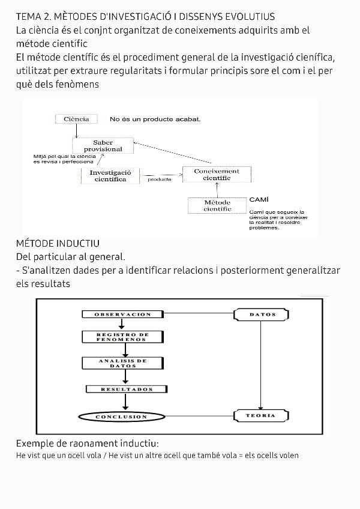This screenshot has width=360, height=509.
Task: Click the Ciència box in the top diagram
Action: click(76, 119)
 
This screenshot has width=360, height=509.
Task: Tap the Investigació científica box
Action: click(110, 175)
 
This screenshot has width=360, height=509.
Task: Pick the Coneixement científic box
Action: click(217, 174)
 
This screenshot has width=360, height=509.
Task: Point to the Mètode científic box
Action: click(217, 206)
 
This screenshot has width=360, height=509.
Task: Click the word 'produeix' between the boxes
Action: click(160, 179)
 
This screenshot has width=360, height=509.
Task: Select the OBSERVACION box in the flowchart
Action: click(122, 314)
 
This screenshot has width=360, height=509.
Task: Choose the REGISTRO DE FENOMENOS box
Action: click(122, 337)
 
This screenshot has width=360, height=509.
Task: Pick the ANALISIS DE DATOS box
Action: click(122, 363)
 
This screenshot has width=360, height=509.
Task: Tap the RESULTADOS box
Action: click(127, 390)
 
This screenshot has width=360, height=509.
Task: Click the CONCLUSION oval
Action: click(121, 417)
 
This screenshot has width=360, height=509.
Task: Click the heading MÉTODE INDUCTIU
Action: click(58, 244)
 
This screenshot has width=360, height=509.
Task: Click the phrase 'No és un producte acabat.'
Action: click(155, 119)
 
